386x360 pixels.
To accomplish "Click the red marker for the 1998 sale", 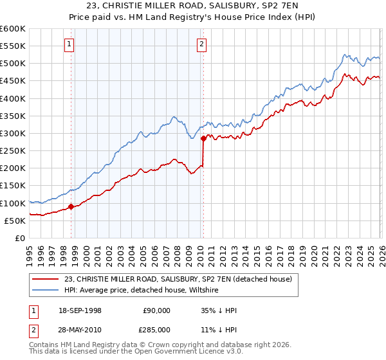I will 71,206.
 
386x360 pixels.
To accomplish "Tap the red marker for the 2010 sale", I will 203,138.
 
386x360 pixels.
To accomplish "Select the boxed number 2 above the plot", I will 201,44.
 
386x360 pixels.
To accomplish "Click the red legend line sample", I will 46,279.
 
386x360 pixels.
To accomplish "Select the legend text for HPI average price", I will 142,291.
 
